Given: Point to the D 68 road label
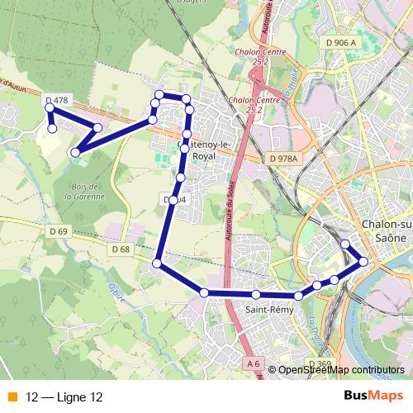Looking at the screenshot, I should [120, 249].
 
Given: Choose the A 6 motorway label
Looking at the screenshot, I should [253, 363].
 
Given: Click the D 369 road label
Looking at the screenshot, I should [319, 363].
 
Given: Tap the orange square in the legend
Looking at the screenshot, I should [12, 397].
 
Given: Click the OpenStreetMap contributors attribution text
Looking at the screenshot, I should [340, 370].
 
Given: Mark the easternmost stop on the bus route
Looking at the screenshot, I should [363, 262].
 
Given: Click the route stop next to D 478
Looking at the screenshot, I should [50, 108].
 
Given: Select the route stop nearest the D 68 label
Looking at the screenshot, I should [156, 263].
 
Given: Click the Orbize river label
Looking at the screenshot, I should [113, 291].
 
